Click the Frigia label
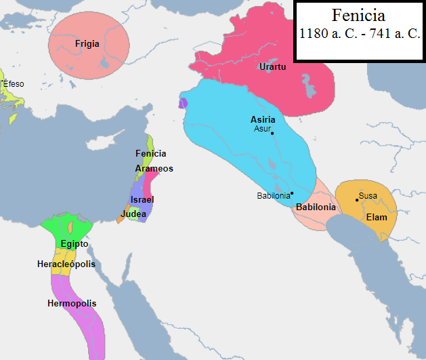pos(87,44)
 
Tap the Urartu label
pos(272,66)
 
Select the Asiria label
pos(263,119)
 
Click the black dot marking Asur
pos(272,133)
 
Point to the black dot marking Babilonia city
pos(292,193)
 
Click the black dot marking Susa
pos(357,199)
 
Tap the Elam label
pos(376,218)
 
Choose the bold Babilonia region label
pos(316,207)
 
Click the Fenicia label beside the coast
pos(150,154)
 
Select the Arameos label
pos(154,168)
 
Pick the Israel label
pos(142,199)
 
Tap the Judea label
pos(133,214)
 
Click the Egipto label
pos(74,243)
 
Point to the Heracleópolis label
pos(66,264)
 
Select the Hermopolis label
pos(72,303)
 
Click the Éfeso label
pos(13,83)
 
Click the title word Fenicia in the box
pos(358,16)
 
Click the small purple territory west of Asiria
pos(183,103)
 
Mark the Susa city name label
pos(368,196)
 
